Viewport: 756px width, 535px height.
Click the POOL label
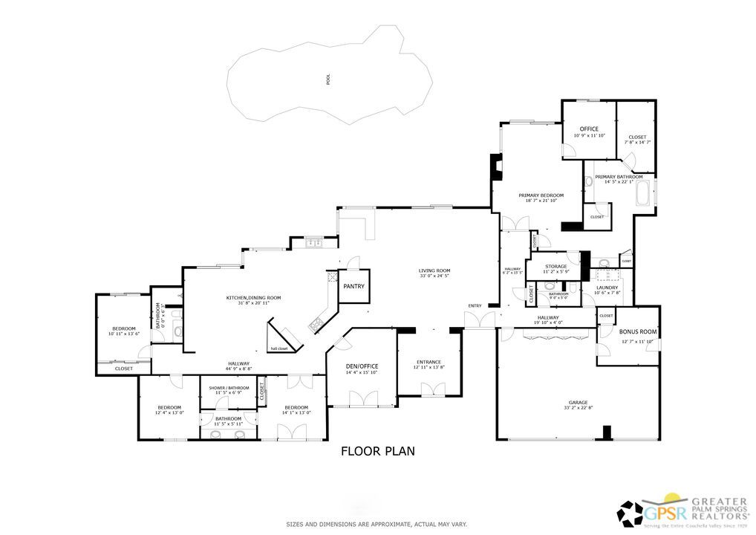pyautogui.click(x=328, y=79)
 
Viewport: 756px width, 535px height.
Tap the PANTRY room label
pyautogui.click(x=353, y=286)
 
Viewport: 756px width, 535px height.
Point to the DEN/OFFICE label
pyautogui.click(x=362, y=366)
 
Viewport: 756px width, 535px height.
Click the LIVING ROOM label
pyautogui.click(x=434, y=271)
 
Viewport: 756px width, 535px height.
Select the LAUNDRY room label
pyautogui.click(x=607, y=288)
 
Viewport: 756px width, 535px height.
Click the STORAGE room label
pyautogui.click(x=556, y=266)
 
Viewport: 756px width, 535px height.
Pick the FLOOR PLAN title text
pyautogui.click(x=377, y=450)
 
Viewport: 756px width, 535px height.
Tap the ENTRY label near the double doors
pyautogui.click(x=475, y=305)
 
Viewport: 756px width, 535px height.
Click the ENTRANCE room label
pyautogui.click(x=428, y=362)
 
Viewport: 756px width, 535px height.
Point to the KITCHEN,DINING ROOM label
pyautogui.click(x=254, y=297)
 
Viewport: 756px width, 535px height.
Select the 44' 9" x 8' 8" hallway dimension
pyautogui.click(x=239, y=369)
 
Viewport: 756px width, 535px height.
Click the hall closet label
pyautogui.click(x=278, y=348)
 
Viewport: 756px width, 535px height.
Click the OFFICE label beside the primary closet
pyautogui.click(x=590, y=129)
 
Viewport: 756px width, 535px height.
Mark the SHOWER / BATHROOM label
pyautogui.click(x=228, y=387)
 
